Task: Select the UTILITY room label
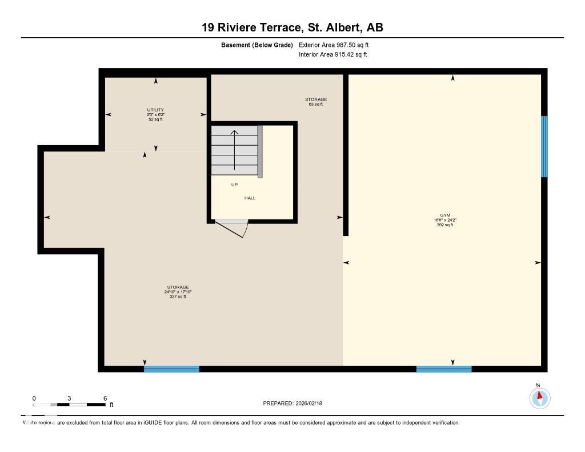coord(155,110)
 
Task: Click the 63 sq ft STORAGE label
coord(315,102)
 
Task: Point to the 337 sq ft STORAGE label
coord(178,291)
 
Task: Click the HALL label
coord(250,198)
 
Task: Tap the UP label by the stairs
coord(234,185)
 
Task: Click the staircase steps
coord(234,151)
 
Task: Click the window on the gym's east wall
coord(544,146)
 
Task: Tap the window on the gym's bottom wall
coord(444,369)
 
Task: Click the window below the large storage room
coord(171,369)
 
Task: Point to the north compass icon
coord(539,397)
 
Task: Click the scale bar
coord(69,405)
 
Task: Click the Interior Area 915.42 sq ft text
coord(332,55)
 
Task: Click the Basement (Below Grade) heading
coord(257,45)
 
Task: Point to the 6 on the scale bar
coord(105,398)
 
